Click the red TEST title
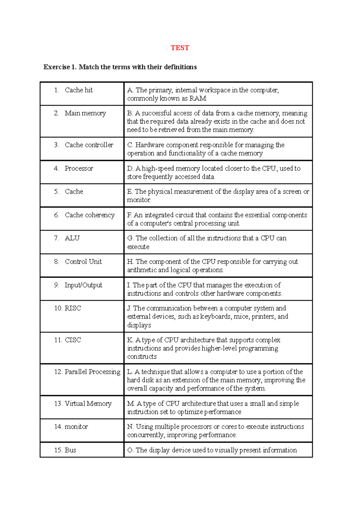tap(180, 48)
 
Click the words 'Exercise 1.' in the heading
tap(60, 67)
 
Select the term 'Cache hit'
tap(79, 90)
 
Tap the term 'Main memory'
tap(85, 113)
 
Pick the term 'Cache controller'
tap(89, 145)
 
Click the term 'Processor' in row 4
tap(79, 168)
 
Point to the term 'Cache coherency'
tap(90, 215)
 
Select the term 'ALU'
tap(72, 238)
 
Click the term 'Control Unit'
tap(83, 262)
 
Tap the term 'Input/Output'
tap(83, 285)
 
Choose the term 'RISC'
tap(73, 308)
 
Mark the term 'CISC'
tap(73, 340)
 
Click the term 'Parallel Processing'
tap(92, 372)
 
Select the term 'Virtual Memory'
tap(88, 404)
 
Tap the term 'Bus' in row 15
tap(70, 450)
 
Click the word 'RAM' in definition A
tap(198, 99)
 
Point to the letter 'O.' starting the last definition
tap(130, 450)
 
